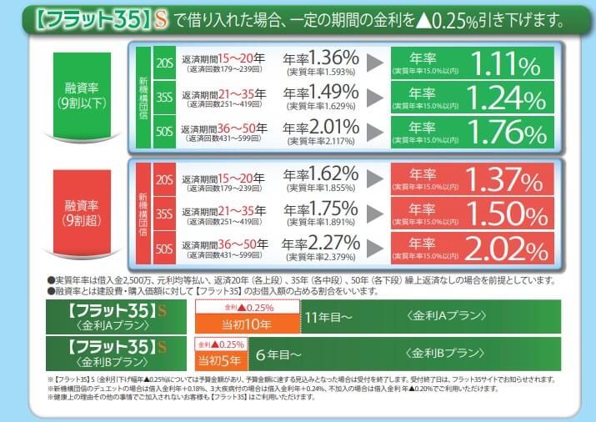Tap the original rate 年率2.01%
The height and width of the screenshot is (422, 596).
pos(321,128)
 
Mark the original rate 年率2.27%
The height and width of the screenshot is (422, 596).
pos(321,244)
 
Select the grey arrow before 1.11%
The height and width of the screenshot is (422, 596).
pos(377,63)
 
